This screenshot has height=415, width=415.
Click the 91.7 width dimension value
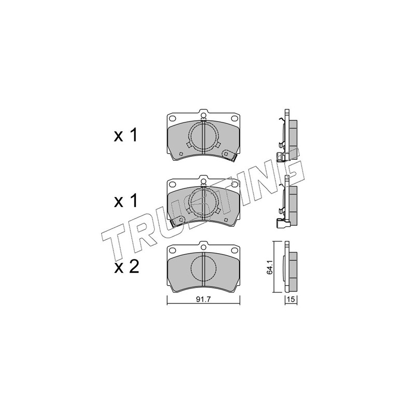tap(203, 300)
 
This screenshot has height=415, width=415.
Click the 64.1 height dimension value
tap(270, 268)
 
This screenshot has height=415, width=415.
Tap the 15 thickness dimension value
tap(291, 300)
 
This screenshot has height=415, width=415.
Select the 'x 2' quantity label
tap(127, 267)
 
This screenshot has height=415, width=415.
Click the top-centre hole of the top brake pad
tap(203, 115)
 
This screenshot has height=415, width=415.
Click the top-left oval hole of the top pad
tap(172, 118)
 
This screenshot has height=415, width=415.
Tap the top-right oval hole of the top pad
tap(234, 118)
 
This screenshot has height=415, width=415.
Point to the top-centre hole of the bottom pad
tap(203, 247)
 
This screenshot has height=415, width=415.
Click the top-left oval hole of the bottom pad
tap(172, 250)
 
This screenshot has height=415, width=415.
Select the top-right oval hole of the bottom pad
tap(234, 250)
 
